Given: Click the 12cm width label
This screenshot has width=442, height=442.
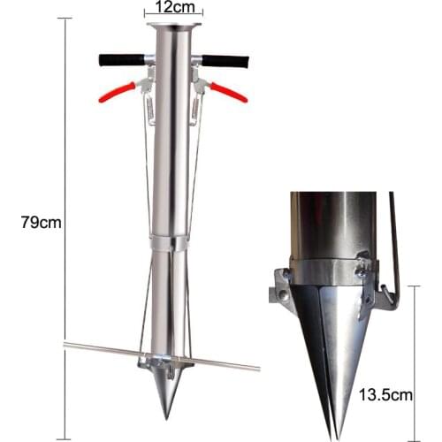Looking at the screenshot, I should (174, 8).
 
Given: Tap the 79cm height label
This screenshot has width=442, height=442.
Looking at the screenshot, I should (40, 223).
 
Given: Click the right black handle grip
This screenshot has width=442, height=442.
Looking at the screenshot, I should (227, 62).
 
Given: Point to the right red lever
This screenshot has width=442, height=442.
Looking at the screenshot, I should (227, 90).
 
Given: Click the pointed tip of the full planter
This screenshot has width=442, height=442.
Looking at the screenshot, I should (164, 415).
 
